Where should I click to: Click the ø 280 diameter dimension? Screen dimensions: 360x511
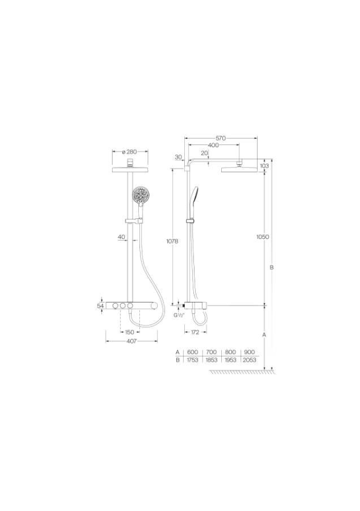pos(129,152)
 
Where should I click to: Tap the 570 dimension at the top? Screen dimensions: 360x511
pos(221,138)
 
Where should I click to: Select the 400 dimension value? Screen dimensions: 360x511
pos(213,145)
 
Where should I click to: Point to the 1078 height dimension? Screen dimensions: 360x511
pos(172,241)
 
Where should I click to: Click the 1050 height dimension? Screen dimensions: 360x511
pos(262,237)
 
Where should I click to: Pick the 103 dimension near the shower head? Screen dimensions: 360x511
pos(264,166)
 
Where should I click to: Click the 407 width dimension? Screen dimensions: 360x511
pos(132,341)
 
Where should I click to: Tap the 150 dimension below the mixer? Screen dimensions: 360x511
pos(130,332)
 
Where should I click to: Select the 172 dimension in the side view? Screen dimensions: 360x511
pos(195,332)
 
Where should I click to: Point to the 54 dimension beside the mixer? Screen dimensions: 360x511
pos(101,306)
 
